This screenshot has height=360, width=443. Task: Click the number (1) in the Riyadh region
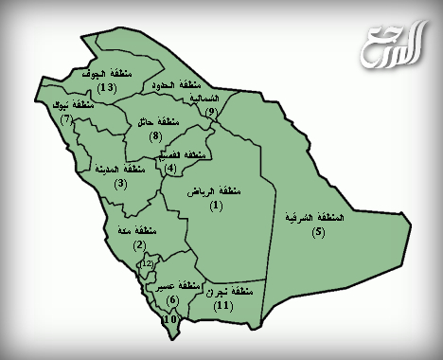click(217, 205)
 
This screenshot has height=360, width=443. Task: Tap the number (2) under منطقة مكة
click(139, 245)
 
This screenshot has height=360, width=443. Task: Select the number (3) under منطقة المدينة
click(120, 183)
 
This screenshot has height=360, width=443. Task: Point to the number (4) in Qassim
click(170, 169)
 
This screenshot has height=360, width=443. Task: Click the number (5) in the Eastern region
click(317, 232)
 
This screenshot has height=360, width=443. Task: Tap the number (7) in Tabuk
click(66, 119)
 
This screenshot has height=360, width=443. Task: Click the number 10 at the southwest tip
click(169, 320)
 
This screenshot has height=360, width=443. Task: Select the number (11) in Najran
click(223, 306)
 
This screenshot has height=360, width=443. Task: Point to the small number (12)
click(147, 263)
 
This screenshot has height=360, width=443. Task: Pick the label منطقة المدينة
click(120, 169)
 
